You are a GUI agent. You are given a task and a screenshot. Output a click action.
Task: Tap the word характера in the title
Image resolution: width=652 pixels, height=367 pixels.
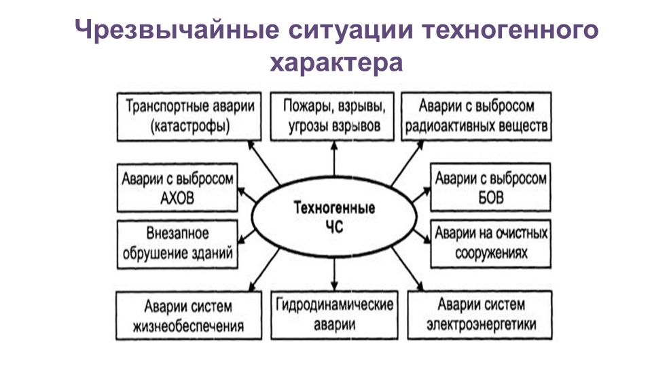(x=337, y=63)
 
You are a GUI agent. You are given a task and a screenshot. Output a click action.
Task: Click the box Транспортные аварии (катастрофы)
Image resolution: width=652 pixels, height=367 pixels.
(x=189, y=116)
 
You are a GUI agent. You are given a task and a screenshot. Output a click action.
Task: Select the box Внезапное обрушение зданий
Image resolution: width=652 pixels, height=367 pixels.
(x=178, y=244)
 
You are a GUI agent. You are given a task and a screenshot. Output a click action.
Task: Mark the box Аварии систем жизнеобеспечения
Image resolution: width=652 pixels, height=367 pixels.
(x=189, y=315)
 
